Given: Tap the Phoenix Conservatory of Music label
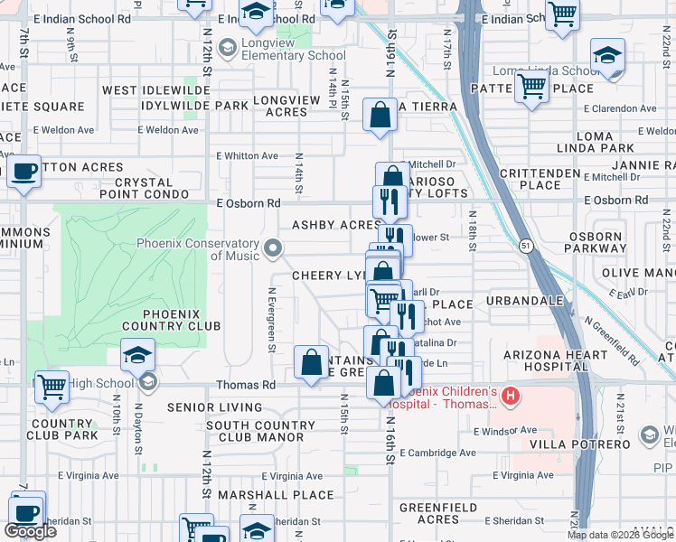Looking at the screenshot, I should pyautogui.click(x=199, y=249).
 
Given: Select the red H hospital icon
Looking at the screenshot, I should pyautogui.click(x=512, y=396).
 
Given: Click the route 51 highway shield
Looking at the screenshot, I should pyautogui.click(x=525, y=245).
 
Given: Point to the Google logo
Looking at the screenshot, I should pyautogui.click(x=30, y=531).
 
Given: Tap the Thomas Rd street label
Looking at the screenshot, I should pyautogui.click(x=246, y=385).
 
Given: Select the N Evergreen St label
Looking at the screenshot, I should pyautogui.click(x=271, y=320).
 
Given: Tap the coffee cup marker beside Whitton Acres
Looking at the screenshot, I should pyautogui.click(x=24, y=171).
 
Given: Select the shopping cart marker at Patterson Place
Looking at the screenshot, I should pyautogui.click(x=532, y=89).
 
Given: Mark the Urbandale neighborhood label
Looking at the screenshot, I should pyautogui.click(x=524, y=300).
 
